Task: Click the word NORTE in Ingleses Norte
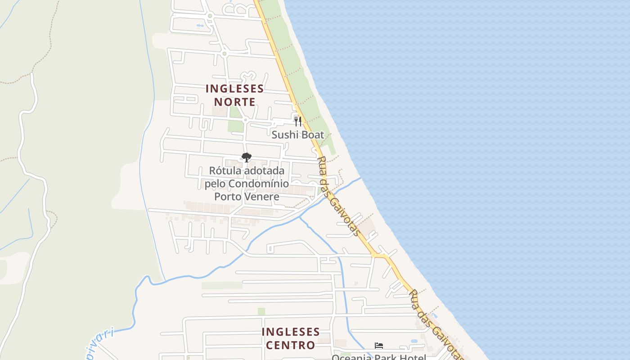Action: click(x=234, y=102)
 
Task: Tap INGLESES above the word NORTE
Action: click(x=234, y=88)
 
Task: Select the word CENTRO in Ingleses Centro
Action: click(x=290, y=345)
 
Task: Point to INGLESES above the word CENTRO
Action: click(x=291, y=332)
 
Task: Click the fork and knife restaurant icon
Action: click(x=297, y=121)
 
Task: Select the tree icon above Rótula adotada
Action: click(x=246, y=157)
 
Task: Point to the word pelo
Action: click(x=215, y=184)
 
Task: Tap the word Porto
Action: click(x=228, y=197)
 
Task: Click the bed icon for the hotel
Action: click(x=379, y=346)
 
